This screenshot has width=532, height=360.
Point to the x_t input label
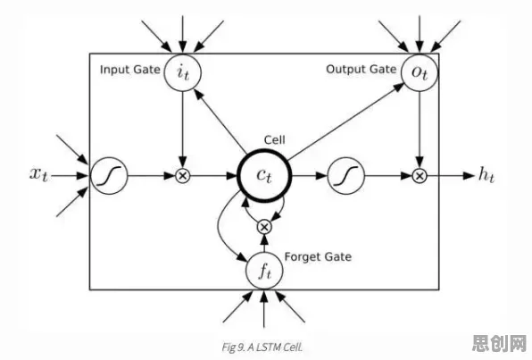coord(38,174)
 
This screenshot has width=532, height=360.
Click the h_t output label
coord(486,174)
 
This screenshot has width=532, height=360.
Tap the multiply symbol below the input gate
coord(182,176)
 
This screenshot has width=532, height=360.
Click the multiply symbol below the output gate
coord(420,176)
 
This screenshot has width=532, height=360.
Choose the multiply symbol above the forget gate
coord(264,227)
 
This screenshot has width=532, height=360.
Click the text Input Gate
coord(130,70)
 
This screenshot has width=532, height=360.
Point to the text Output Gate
coord(361,70)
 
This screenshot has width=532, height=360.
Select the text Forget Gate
coord(318,256)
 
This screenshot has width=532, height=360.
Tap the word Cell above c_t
coord(275,139)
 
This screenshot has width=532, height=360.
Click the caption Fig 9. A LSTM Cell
coord(262,347)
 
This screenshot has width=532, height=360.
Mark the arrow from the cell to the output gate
coord(345,121)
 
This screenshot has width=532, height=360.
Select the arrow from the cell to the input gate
coord(220,120)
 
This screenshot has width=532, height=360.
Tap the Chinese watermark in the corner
coord(499,343)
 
